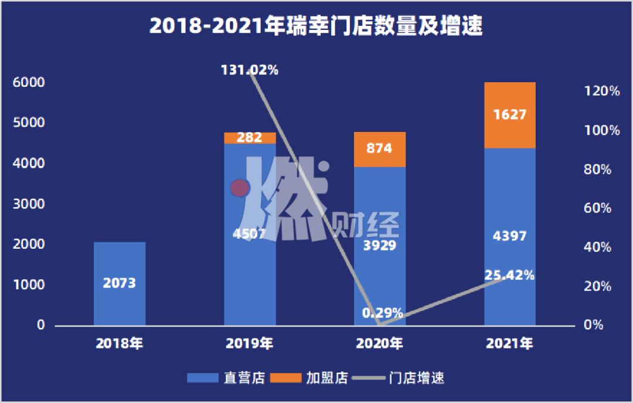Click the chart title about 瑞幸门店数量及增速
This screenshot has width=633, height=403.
(316, 26)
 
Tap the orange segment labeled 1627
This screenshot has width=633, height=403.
(510, 115)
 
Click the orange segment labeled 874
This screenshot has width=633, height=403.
(380, 149)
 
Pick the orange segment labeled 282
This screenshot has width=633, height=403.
(250, 138)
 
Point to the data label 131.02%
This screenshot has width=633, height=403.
(250, 70)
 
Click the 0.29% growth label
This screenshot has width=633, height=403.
(382, 312)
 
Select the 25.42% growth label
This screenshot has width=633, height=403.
(509, 275)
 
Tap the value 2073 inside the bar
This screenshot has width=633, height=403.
(120, 284)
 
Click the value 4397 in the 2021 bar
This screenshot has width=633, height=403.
(509, 236)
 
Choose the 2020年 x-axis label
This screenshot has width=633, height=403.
(380, 344)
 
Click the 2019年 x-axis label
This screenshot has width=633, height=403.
(250, 344)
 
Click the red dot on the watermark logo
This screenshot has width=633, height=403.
(239, 188)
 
